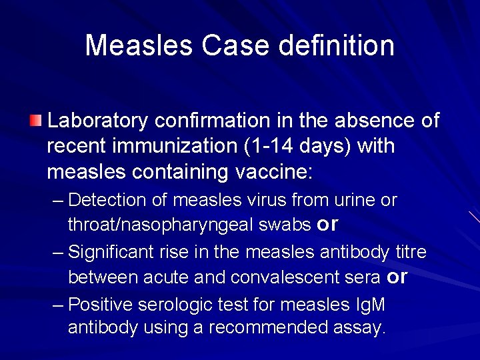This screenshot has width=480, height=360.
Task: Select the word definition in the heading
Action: [337, 45]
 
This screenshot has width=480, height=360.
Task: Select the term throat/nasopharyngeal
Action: [160, 225]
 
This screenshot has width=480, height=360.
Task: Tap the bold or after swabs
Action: [327, 225]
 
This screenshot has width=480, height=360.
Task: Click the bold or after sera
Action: [397, 277]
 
